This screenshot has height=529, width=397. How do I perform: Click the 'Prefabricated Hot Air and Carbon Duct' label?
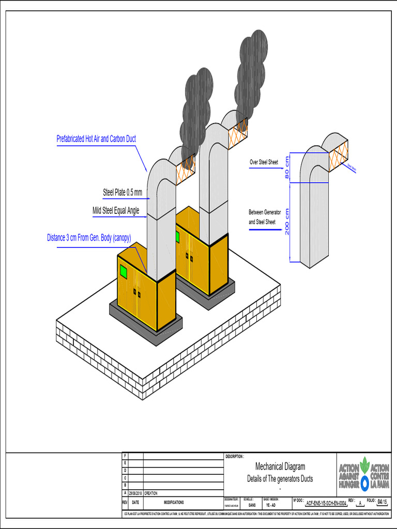96,139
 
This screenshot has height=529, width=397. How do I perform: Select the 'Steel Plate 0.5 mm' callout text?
122,193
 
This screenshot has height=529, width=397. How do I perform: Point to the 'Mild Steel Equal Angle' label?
116,210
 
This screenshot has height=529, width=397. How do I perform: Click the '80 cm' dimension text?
287,167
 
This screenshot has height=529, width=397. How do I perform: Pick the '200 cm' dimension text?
287,221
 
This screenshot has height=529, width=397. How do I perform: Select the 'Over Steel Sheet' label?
264,162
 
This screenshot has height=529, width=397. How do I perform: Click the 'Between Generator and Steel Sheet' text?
265,217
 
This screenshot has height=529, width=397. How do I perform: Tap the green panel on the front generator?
124,271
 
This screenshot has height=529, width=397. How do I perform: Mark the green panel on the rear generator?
177,237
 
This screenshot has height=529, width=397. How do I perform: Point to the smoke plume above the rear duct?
251,72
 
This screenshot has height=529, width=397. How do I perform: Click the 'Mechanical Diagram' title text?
280,466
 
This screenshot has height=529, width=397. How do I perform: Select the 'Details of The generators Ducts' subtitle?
280,478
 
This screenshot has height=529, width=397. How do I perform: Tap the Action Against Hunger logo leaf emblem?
364,463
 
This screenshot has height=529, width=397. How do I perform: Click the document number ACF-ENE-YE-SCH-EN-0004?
326,503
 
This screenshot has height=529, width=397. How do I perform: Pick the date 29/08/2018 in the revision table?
135,493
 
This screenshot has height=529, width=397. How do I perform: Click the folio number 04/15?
382,502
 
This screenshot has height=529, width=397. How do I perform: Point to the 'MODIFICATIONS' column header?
173,502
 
